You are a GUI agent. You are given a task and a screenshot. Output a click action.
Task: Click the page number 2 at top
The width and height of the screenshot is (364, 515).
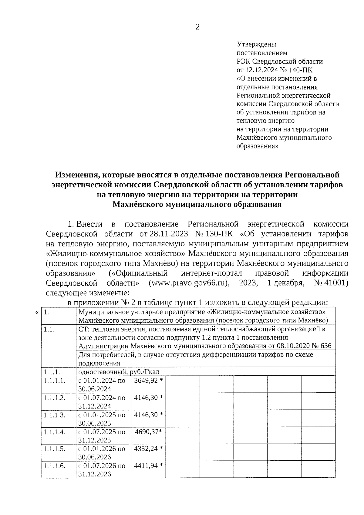click(197, 27)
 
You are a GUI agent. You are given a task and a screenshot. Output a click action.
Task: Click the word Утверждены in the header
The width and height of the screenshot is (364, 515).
click(256, 44)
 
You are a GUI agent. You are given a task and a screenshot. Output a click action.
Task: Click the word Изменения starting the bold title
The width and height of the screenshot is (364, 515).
click(77, 175)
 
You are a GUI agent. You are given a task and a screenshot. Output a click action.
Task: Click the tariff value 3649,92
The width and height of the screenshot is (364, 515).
click(146, 381)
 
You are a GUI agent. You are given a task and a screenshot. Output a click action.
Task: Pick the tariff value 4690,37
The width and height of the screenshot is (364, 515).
click(147, 432)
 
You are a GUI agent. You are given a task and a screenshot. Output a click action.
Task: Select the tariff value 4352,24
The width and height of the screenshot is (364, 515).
click(146, 449)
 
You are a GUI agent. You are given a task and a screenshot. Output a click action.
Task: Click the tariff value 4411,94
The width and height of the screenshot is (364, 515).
click(146, 466)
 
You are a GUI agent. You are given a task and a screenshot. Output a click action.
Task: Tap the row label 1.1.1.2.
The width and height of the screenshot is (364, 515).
click(54, 398)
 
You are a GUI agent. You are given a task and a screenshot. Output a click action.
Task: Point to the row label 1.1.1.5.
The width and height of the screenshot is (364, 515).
click(54, 449)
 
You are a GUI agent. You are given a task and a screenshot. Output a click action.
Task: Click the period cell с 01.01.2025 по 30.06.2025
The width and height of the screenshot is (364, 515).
click(102, 419)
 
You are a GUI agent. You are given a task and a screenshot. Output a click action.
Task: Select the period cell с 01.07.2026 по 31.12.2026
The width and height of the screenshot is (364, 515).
click(102, 470)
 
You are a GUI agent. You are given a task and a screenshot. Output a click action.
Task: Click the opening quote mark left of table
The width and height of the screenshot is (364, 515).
click(37, 313)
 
